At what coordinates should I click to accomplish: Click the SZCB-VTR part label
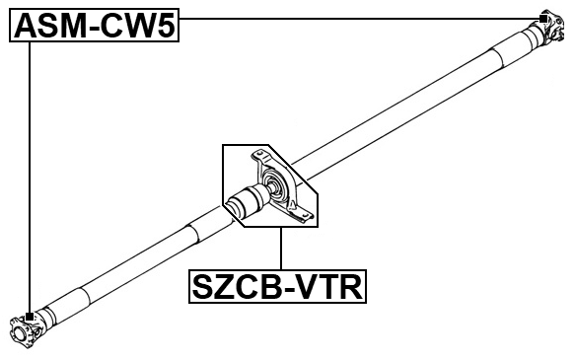point(277,288)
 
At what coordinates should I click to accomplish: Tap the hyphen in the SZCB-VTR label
point(284,289)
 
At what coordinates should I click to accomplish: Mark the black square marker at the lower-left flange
point(31,317)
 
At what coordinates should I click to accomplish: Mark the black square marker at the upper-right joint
point(542,18)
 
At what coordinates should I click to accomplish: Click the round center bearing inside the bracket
point(274,188)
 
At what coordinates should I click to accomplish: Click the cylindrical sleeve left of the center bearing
point(242,203)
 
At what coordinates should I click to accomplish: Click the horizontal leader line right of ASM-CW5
point(355,18)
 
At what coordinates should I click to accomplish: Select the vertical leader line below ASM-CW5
point(31,178)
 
